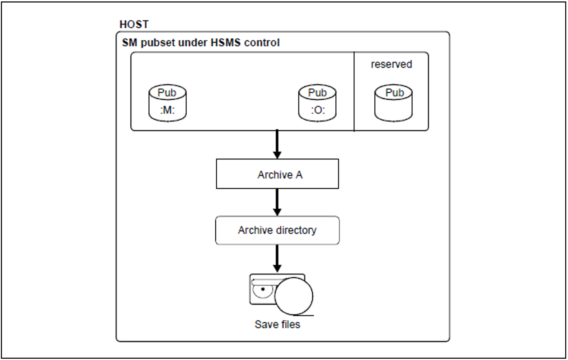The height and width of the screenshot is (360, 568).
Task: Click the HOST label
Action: tap(134, 24)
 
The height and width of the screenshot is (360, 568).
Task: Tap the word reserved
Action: tap(391, 64)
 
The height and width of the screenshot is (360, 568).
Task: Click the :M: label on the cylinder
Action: tap(167, 110)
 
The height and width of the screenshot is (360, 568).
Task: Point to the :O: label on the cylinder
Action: tap(317, 110)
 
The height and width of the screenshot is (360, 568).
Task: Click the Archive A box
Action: tap(277, 174)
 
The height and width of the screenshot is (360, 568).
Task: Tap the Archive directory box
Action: tap(277, 230)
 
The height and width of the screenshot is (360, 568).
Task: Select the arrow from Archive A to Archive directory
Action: tap(277, 202)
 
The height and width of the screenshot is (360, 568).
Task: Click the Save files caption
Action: tap(277, 325)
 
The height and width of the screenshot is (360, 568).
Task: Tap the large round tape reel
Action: tap(294, 296)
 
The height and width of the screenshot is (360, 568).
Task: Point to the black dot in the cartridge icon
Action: tap(263, 289)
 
